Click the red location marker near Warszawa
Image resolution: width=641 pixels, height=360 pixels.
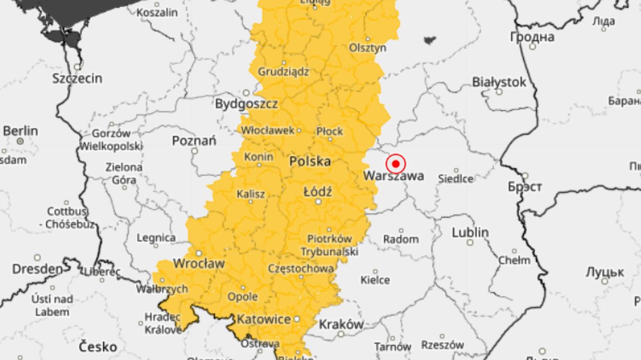tap(396, 163)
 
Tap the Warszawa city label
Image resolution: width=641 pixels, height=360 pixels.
tap(394, 176)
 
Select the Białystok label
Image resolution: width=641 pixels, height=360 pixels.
tap(499, 82)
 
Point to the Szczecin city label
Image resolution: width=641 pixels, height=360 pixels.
tap(77, 79)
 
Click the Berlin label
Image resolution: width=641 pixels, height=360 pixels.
tap(20, 131)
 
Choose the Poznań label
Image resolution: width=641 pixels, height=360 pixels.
tap(194, 141)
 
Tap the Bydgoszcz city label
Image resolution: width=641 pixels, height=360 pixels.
tap(246, 104)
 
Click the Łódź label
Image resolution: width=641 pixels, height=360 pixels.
tap(317, 191)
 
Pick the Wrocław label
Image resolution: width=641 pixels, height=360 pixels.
tap(199, 264)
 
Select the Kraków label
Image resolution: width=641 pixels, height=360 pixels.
tap(341, 324)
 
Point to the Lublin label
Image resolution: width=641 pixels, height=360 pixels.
tap(470, 233)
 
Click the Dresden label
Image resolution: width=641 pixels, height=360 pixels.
tap(37, 269)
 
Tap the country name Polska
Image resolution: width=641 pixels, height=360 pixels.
tap(310, 161)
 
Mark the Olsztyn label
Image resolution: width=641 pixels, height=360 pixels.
tap(368, 48)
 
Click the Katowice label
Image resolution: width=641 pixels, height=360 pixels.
tap(264, 319)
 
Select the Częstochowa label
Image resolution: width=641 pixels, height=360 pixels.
tap(301, 268)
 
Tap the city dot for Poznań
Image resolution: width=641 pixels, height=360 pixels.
tap(194, 151)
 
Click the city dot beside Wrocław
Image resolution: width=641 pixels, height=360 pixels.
tap(199, 253)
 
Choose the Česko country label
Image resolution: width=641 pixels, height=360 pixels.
tap(98, 347)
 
